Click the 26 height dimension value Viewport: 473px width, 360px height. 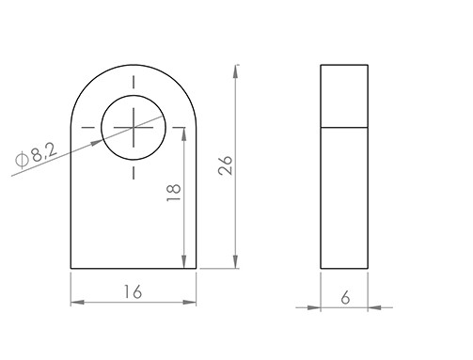click(x=226, y=164)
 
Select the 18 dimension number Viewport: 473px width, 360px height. click(x=174, y=193)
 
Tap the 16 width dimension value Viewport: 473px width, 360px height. click(x=134, y=291)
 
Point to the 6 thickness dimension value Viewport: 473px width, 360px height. click(x=345, y=297)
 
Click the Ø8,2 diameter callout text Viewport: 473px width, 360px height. click(x=37, y=156)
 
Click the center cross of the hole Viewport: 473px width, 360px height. click(x=134, y=128)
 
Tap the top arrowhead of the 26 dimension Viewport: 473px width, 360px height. click(x=235, y=71)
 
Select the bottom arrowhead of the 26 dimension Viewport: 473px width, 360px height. click(x=235, y=261)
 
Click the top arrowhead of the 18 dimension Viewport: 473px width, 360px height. click(x=184, y=134)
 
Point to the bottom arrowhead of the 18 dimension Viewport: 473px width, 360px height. click(x=184, y=261)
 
